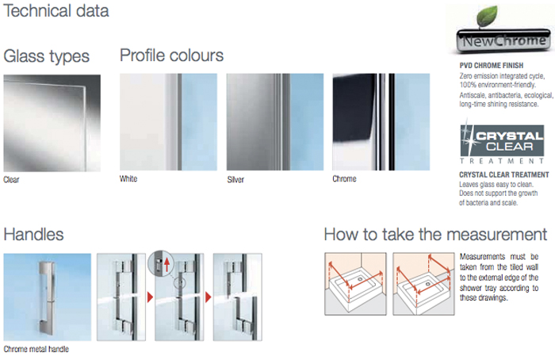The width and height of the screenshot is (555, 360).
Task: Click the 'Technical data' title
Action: click(x=56, y=10)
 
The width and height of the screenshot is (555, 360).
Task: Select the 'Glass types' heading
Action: click(x=46, y=56)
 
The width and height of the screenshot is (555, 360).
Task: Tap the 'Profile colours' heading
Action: click(x=172, y=56)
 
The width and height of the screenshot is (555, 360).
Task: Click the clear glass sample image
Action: click(x=52, y=123)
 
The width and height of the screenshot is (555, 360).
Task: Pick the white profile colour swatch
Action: click(x=168, y=122)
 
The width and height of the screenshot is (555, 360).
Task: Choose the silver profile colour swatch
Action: click(x=275, y=122)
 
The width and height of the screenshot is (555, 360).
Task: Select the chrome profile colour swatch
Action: click(x=381, y=122)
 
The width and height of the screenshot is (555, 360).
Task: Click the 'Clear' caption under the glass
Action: click(x=11, y=180)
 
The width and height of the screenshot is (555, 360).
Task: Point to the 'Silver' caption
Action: click(x=235, y=180)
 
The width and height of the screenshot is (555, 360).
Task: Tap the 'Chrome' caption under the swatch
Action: click(x=344, y=178)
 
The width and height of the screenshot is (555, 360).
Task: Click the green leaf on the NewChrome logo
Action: click(x=488, y=16)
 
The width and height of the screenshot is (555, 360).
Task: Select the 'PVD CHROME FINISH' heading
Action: click(x=492, y=66)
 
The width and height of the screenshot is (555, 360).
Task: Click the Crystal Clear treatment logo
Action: click(x=502, y=142)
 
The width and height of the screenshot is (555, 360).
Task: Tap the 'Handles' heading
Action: click(x=33, y=235)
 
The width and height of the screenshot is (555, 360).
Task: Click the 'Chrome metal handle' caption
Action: click(x=36, y=350)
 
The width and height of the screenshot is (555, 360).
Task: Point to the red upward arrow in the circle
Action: click(x=167, y=265)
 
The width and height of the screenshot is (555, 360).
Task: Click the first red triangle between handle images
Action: click(x=150, y=297)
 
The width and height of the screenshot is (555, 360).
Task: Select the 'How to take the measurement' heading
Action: click(x=436, y=235)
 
